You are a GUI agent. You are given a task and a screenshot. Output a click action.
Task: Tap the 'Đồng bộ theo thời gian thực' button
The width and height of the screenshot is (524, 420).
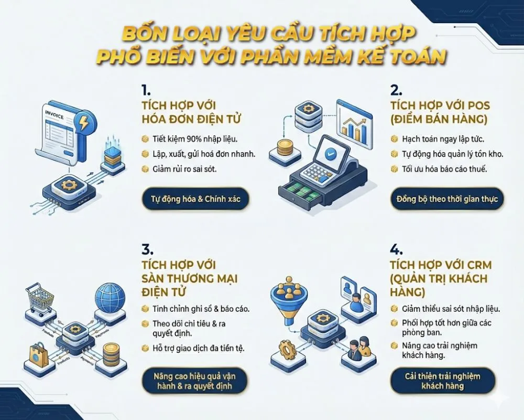(446, 199)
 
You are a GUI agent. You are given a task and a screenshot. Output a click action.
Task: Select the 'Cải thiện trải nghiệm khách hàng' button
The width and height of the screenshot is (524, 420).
(443, 381)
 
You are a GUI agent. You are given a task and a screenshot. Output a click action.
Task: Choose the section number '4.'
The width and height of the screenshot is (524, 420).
(397, 249)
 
